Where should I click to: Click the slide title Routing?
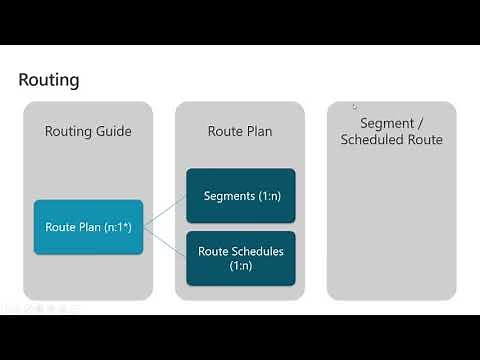pyautogui.click(x=49, y=79)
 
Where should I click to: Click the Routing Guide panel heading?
pyautogui.click(x=88, y=131)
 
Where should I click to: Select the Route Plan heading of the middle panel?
pyautogui.click(x=240, y=131)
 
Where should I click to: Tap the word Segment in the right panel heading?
pyautogui.click(x=379, y=122)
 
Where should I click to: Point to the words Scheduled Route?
pyautogui.click(x=392, y=140)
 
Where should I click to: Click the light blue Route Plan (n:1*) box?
pyautogui.click(x=88, y=226)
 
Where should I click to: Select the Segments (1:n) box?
pyautogui.click(x=241, y=195)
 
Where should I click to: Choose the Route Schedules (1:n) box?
pyautogui.click(x=241, y=258)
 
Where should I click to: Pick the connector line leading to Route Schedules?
pyautogui.click(x=165, y=240)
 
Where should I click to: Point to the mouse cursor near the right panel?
pyautogui.click(x=353, y=105)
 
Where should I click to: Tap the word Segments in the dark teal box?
pyautogui.click(x=228, y=195)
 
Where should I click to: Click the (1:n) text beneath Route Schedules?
pyautogui.click(x=241, y=266)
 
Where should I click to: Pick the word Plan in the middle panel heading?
pyautogui.click(x=259, y=131)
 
